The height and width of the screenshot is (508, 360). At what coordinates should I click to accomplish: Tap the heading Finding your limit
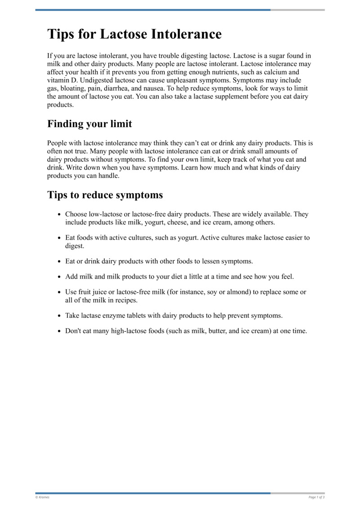[90, 124]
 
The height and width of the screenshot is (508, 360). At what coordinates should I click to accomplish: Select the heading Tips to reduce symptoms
[105, 195]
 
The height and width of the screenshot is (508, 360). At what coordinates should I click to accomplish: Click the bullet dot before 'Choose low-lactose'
[59, 214]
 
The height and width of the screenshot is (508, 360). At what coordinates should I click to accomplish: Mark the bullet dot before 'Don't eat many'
[59, 331]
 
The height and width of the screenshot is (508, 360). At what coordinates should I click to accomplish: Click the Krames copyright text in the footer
[42, 497]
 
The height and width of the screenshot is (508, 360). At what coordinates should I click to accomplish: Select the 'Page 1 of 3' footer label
[316, 497]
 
